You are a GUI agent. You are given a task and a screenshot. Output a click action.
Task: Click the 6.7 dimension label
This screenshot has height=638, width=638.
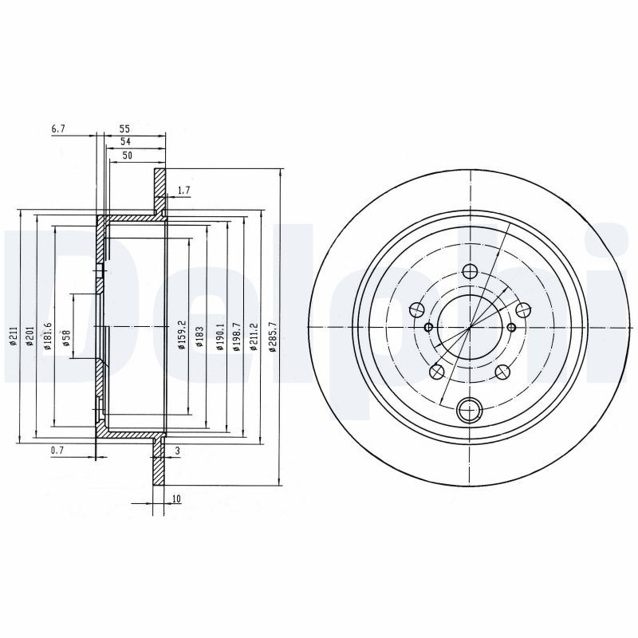[x=57, y=128]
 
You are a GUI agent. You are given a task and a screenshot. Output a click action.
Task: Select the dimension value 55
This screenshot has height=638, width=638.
[x=124, y=128]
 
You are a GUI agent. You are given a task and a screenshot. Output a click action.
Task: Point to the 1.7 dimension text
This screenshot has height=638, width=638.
[x=183, y=190]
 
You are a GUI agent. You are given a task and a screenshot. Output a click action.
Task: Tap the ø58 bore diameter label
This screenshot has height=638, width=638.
[x=65, y=337]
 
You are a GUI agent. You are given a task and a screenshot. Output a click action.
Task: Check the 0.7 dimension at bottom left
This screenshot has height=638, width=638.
[x=57, y=451]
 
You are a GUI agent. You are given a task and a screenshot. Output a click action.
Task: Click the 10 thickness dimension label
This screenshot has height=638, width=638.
[x=175, y=499]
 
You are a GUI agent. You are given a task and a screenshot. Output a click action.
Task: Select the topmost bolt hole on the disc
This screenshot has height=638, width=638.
[x=470, y=272]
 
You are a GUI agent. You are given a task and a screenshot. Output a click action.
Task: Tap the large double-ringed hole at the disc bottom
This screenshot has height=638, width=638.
[x=470, y=412]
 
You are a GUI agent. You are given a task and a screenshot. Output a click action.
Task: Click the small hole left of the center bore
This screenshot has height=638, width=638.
[x=429, y=327]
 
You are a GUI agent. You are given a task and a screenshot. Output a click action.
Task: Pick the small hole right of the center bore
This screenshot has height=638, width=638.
[x=511, y=327]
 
